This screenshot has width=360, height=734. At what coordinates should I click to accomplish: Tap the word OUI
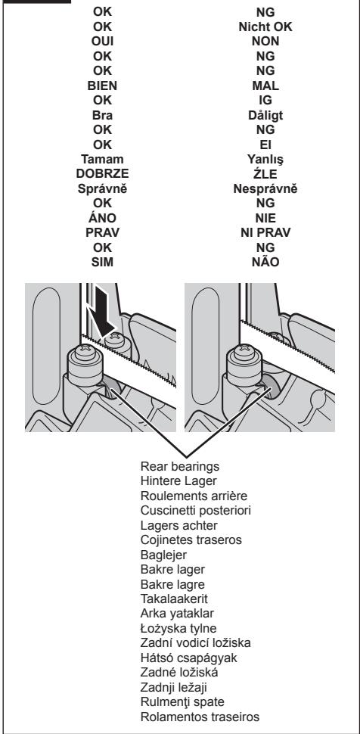pyautogui.click(x=103, y=41)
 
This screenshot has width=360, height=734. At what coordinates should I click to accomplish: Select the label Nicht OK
pyautogui.click(x=265, y=26)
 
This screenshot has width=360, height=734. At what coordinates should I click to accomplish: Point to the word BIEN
pyautogui.click(x=103, y=86)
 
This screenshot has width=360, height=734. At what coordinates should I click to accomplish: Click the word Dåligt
pyautogui.click(x=265, y=115)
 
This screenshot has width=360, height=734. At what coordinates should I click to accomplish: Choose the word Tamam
pyautogui.click(x=103, y=159)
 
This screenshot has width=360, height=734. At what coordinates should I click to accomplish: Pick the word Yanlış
pyautogui.click(x=265, y=160)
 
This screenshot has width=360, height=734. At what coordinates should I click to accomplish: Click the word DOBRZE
pyautogui.click(x=103, y=174)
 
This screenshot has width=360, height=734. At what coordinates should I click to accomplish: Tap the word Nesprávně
pyautogui.click(x=265, y=188)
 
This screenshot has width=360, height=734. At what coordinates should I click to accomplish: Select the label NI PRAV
pyautogui.click(x=265, y=232)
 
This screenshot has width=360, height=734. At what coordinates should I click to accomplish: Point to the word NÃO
pyautogui.click(x=265, y=262)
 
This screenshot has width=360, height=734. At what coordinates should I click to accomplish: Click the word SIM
pyautogui.click(x=103, y=262)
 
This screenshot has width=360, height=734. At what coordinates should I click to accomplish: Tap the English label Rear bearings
pyautogui.click(x=180, y=467)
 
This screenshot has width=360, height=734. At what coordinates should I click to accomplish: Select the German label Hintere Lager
pyautogui.click(x=178, y=481)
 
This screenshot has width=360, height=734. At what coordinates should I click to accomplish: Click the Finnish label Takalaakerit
pyautogui.click(x=174, y=599)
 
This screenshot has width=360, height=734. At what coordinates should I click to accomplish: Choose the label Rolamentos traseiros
pyautogui.click(x=200, y=717)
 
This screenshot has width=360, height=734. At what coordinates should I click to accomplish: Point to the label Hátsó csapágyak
pyautogui.click(x=188, y=658)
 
